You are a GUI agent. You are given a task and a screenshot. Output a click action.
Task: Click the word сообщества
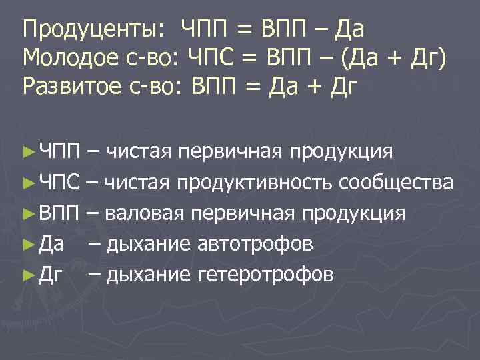[x=397, y=183]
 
